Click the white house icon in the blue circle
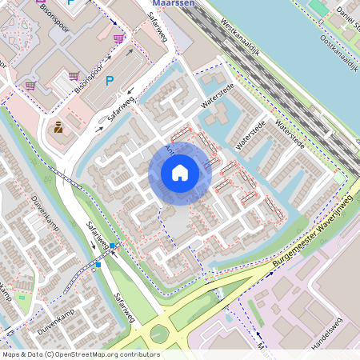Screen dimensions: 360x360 [x=180, y=173]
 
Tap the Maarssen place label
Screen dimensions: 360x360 [x=173, y=3]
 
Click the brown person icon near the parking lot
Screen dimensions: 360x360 [x=58, y=126]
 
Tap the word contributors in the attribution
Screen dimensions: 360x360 [x=133, y=354]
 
